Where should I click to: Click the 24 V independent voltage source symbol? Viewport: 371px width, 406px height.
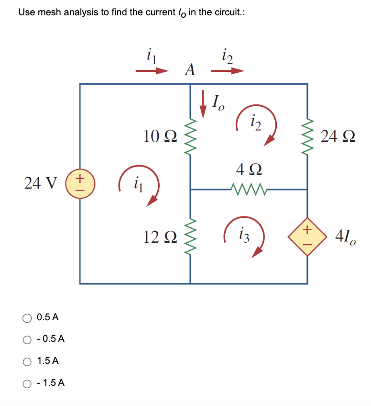pos(80,183)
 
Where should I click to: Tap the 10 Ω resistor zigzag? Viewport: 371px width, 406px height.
pos(191,135)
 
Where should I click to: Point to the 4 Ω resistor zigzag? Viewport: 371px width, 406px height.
pos(248,189)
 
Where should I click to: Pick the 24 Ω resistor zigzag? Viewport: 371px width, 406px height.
pos(306,136)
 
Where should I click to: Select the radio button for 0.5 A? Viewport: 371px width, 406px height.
pos(28,317)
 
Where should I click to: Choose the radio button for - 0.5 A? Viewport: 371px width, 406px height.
pos(28,339)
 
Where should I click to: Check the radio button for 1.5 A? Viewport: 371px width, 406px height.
pos(28,361)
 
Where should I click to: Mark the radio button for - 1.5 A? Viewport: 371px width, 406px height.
pos(28,383)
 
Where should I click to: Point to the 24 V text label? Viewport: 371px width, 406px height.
pos(41,183)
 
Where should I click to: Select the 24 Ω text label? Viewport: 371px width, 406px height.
pos(338,136)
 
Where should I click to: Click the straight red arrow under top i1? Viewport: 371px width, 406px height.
pos(152,71)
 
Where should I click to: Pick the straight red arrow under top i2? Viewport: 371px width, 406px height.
pos(228,71)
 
